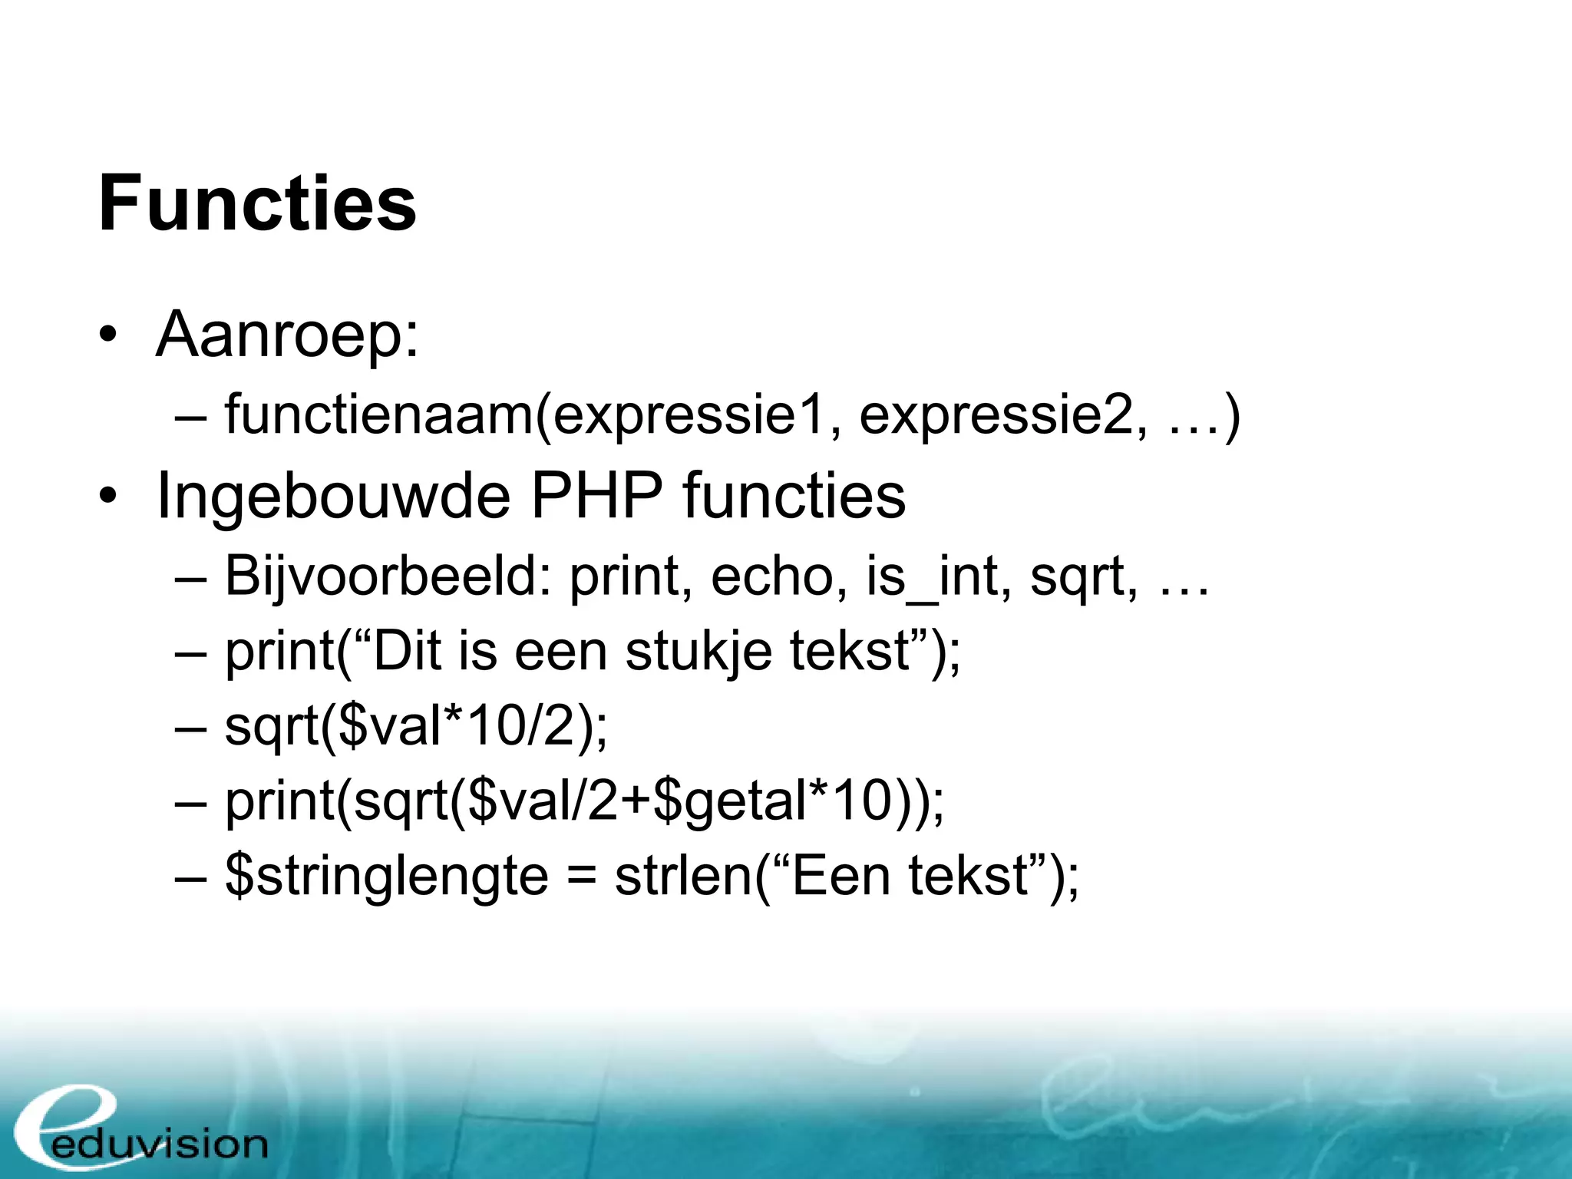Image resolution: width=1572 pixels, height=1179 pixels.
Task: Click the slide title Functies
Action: (257, 203)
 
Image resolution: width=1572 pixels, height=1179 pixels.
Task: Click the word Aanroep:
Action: (287, 335)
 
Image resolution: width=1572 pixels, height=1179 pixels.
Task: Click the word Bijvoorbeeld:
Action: (388, 576)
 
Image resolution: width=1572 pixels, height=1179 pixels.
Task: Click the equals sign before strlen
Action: (582, 877)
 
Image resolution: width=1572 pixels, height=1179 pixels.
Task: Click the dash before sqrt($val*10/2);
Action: (190, 726)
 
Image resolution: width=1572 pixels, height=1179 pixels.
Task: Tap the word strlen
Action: (683, 877)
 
